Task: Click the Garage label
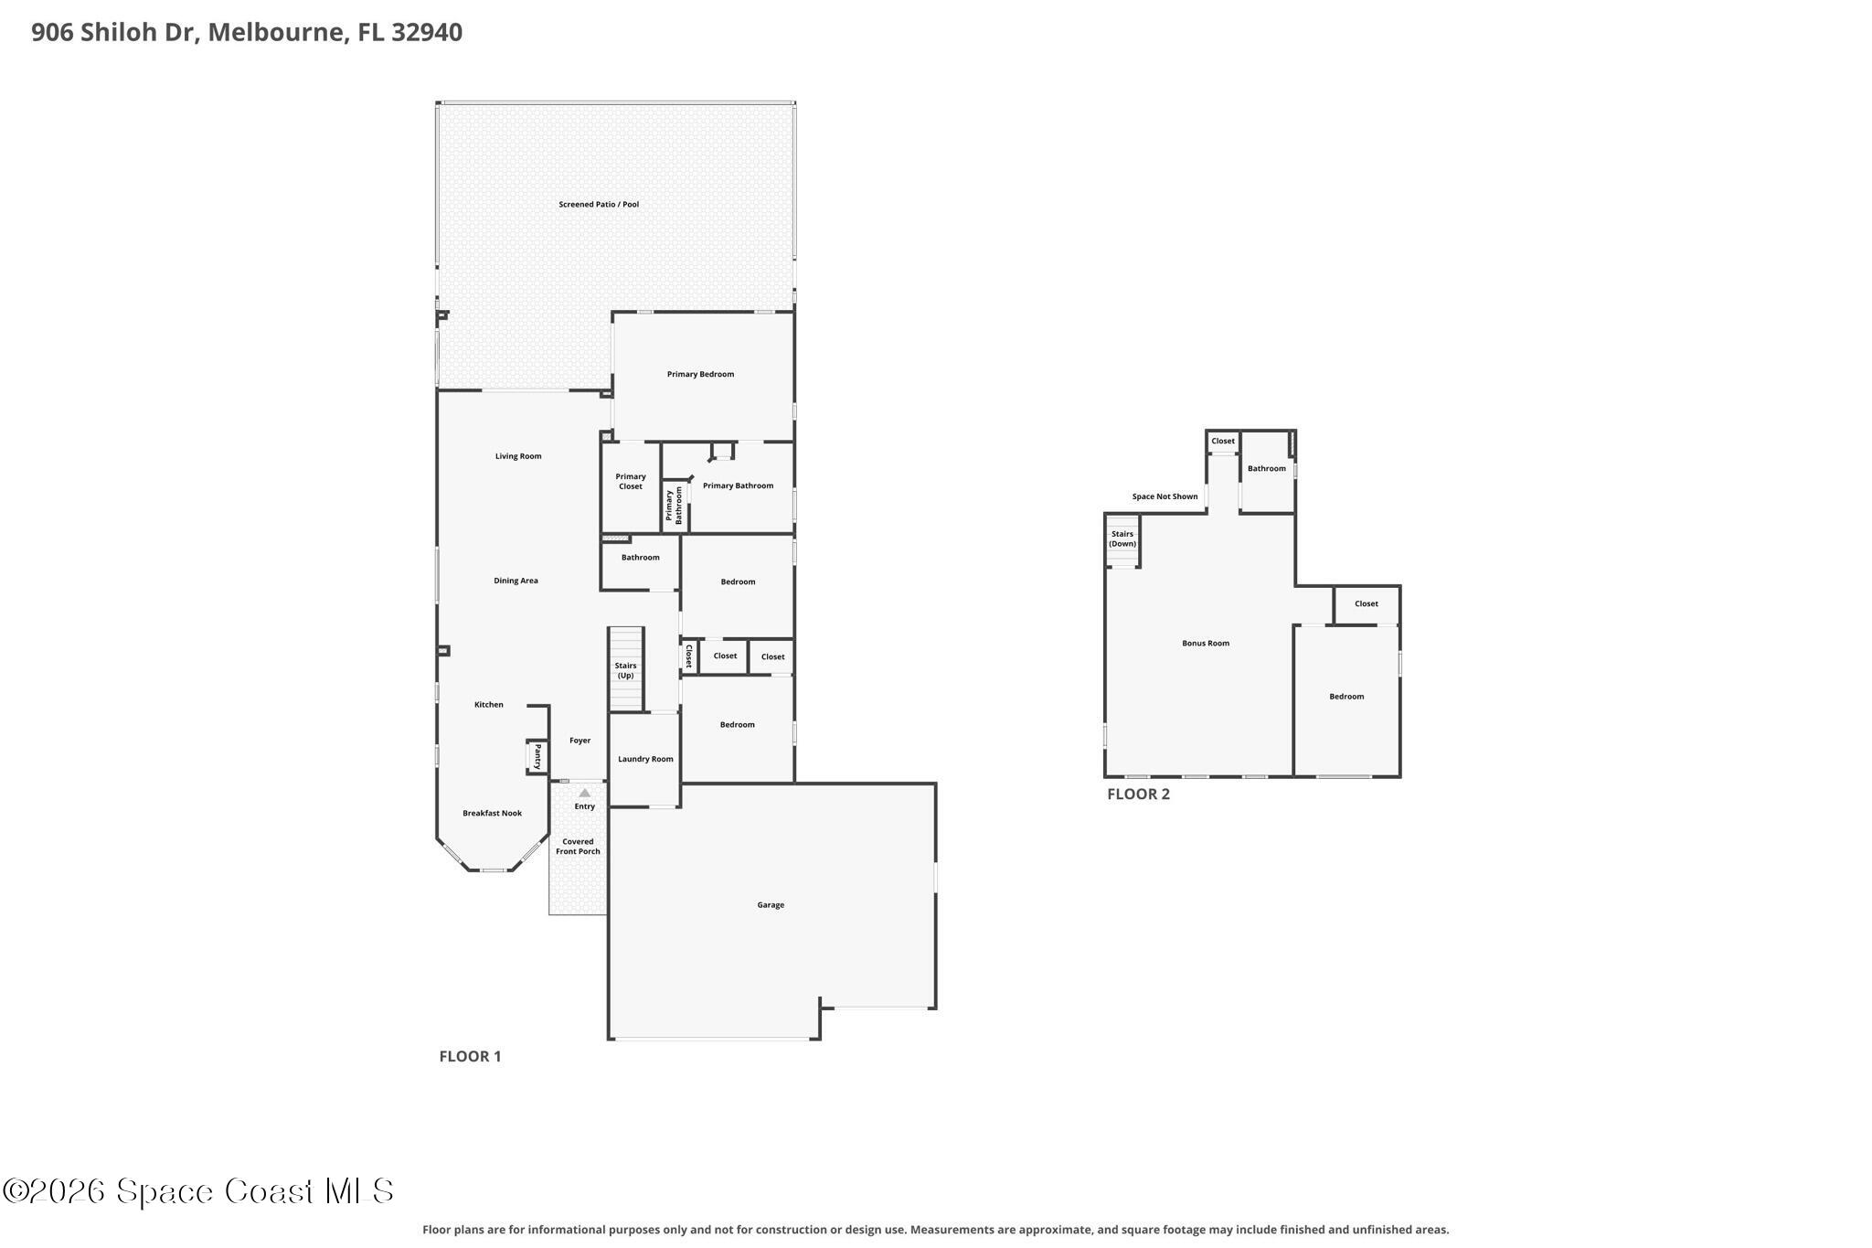coord(771,905)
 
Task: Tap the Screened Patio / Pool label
coord(599,205)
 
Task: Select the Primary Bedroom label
coord(700,374)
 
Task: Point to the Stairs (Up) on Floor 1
coord(626,669)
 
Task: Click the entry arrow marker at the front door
coord(585,793)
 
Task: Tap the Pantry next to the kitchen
coord(537,757)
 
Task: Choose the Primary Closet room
coord(631,486)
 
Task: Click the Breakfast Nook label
coord(492,814)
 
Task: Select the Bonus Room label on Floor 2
coord(1206,644)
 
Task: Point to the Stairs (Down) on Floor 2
coord(1122,540)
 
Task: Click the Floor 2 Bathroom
coord(1267,472)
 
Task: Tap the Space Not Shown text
coord(1165,497)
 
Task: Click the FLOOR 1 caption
coord(470,1057)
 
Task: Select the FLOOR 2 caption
coord(1138,795)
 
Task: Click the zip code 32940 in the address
coord(427,33)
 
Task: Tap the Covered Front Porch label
coord(578,847)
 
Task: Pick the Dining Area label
coord(516,581)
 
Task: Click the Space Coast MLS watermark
coord(198,1190)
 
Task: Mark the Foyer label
coord(580,741)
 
